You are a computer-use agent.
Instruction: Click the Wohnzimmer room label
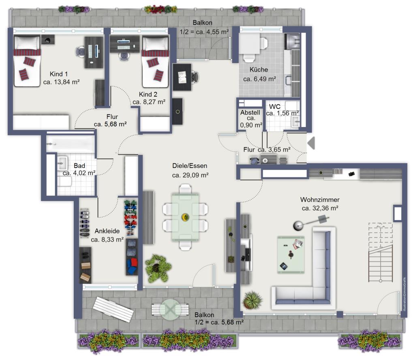tap(320, 200)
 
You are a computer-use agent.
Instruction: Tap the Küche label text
tap(259, 70)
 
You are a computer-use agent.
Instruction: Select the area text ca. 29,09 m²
tap(190, 175)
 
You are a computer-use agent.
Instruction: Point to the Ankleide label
tap(107, 231)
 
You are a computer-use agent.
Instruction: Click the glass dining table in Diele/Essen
tap(185, 217)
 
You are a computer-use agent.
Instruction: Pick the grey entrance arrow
tap(311, 144)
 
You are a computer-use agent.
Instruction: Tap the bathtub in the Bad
tap(71, 144)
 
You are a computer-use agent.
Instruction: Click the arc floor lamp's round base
tap(298, 226)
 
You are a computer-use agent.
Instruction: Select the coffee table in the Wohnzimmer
tap(291, 254)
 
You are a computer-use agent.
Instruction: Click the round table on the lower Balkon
tap(171, 309)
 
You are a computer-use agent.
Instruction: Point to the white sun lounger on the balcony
tap(113, 309)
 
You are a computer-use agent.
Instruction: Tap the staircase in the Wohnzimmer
tap(380, 252)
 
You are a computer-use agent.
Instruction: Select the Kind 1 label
tap(59, 74)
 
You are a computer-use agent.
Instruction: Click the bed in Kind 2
tap(155, 61)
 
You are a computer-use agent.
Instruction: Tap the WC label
tap(275, 107)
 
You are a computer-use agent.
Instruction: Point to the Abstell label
tap(250, 112)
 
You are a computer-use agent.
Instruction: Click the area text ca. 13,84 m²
tap(62, 82)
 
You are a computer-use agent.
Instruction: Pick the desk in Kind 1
tap(94, 52)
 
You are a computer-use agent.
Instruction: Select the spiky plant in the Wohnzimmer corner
tap(252, 300)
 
